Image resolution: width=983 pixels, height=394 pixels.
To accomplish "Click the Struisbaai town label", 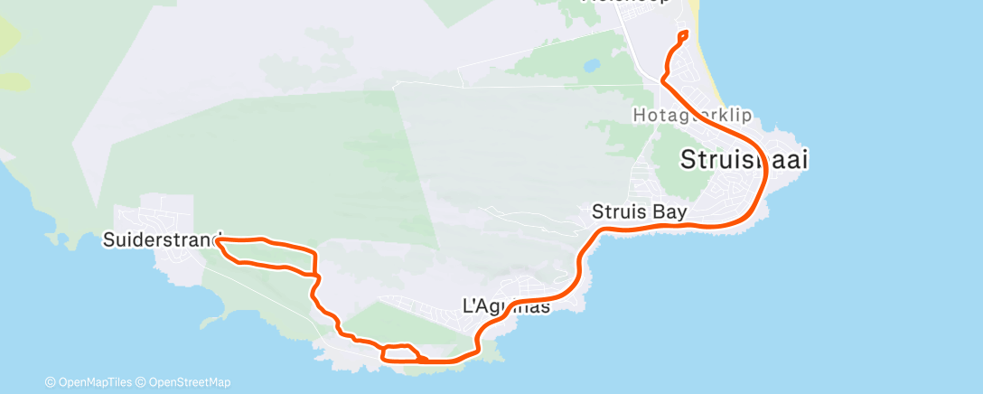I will point(744,160).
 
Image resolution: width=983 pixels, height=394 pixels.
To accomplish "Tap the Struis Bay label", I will point(640,212).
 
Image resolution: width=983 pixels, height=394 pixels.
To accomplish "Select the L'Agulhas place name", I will point(506,306).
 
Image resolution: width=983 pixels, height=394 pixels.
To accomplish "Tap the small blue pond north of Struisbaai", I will point(593,66).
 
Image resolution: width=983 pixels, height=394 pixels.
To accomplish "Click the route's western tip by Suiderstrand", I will point(219,240).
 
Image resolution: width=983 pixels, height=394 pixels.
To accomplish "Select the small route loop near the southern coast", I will point(401,352).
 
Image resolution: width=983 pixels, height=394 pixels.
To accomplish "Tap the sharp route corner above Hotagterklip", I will point(663,80).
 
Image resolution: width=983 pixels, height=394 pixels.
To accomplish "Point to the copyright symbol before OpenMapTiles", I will point(50,381).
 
